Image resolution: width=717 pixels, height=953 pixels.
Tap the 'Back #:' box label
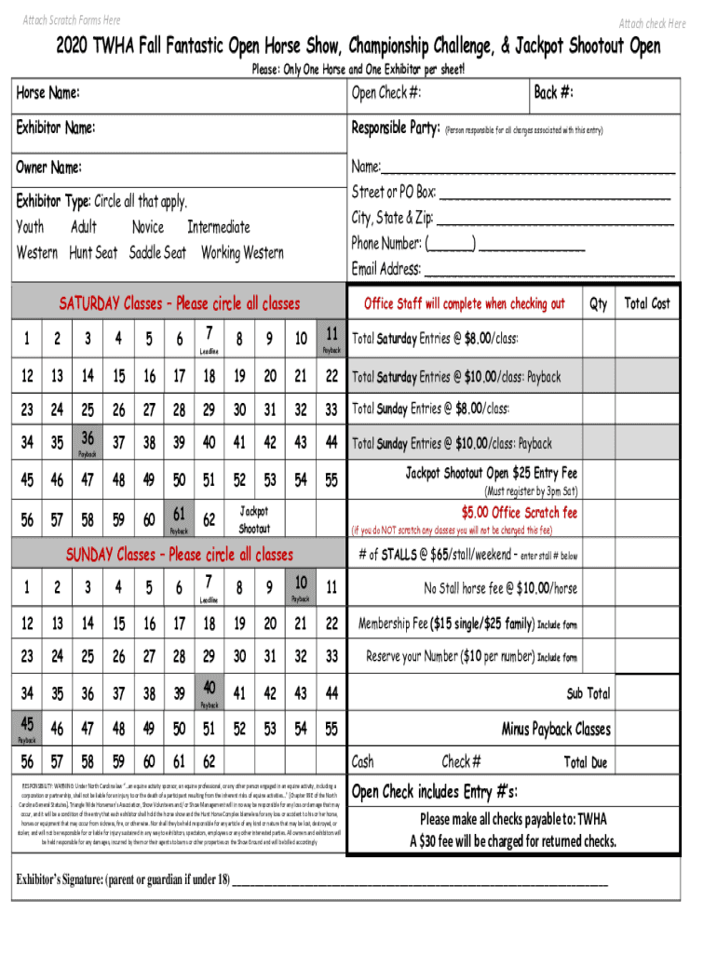pyautogui.click(x=553, y=93)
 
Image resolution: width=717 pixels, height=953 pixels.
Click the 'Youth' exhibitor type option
pyautogui.click(x=30, y=227)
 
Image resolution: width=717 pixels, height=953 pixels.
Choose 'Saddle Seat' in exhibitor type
pyautogui.click(x=157, y=253)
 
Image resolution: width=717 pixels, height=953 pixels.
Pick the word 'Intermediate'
pyautogui.click(x=219, y=227)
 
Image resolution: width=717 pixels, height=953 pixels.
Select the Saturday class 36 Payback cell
pyautogui.click(x=88, y=442)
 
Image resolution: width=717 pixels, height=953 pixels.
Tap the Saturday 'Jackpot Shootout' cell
pyautogui.click(x=254, y=519)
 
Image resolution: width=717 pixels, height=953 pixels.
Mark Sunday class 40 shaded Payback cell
pyautogui.click(x=210, y=691)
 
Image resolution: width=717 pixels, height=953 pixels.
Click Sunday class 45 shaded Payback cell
pyautogui.click(x=28, y=727)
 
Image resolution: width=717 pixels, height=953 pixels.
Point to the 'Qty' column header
pyautogui.click(x=598, y=303)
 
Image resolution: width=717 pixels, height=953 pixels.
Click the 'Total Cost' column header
pyautogui.click(x=647, y=303)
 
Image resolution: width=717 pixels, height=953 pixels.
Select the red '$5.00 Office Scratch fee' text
pyautogui.click(x=520, y=513)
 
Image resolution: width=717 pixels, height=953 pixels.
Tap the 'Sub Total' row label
pyautogui.click(x=588, y=693)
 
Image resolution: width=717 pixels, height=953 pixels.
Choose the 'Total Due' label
pyautogui.click(x=586, y=762)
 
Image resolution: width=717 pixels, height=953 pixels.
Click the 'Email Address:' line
pyautogui.click(x=512, y=270)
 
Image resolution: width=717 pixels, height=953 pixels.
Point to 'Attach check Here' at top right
pyautogui.click(x=652, y=23)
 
